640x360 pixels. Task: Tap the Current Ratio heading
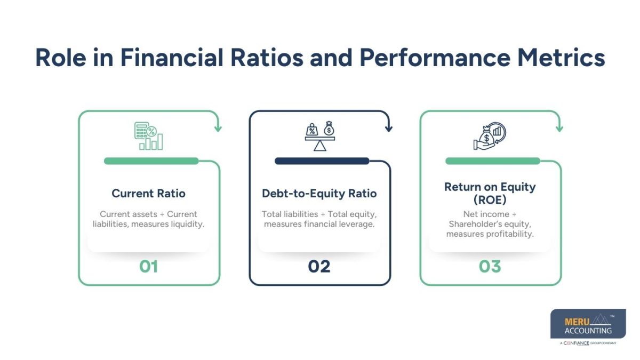149,194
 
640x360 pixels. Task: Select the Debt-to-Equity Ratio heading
319,194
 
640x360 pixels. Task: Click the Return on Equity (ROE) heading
490,193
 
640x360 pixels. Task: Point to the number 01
149,266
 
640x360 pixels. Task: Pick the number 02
319,266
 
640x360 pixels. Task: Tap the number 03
490,266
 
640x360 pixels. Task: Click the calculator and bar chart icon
149,136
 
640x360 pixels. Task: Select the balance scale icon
319,137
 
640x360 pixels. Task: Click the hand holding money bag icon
490,136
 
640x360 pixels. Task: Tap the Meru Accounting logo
588,326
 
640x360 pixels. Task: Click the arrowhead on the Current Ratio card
218,129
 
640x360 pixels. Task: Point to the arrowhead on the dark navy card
388,129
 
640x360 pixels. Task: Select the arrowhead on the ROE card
559,129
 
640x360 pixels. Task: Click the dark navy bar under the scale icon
322,161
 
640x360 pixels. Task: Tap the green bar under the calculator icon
151,161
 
